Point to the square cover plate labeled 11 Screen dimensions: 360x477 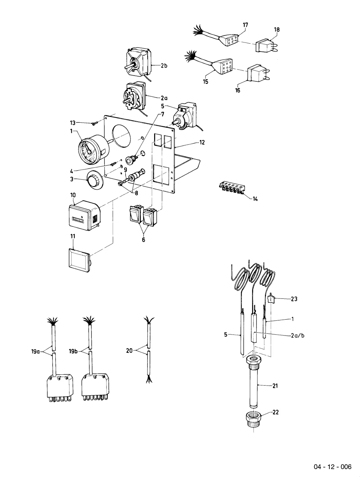[x=79, y=260]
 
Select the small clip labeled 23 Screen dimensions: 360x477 [x=271, y=298]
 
